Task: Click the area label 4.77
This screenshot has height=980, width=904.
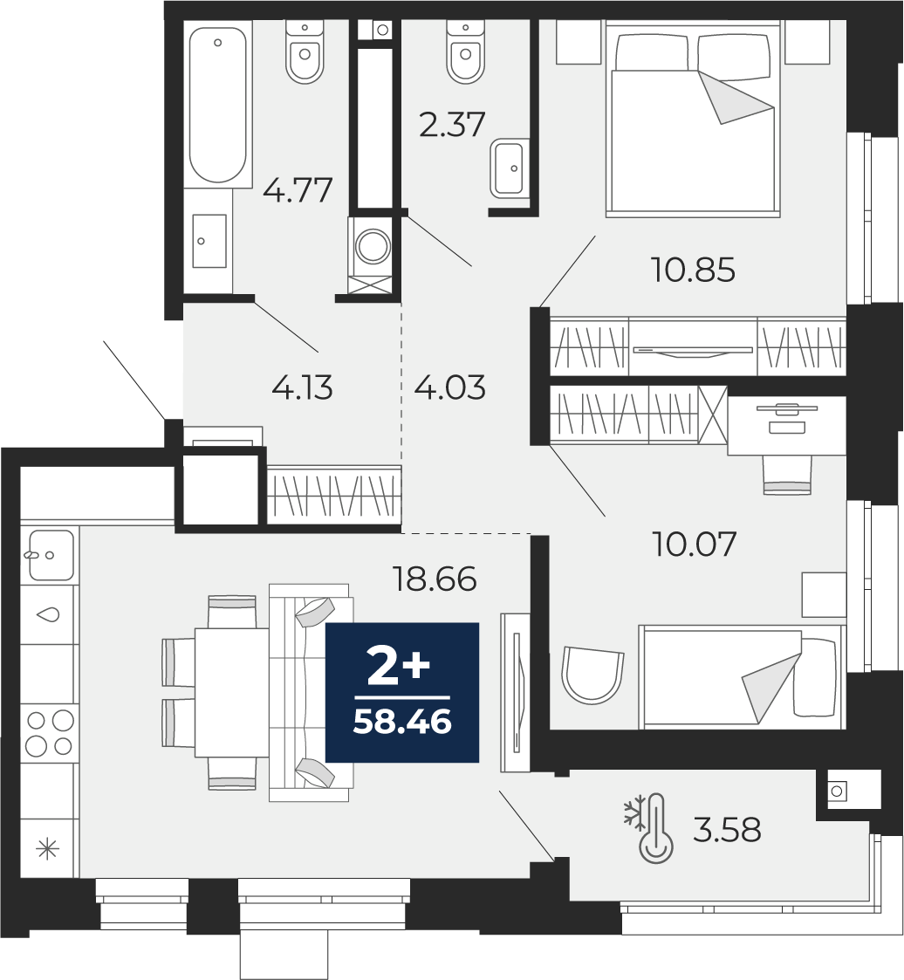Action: tap(298, 189)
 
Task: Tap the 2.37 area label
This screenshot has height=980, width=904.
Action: tap(452, 124)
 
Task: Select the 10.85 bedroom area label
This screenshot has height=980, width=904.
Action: tap(693, 270)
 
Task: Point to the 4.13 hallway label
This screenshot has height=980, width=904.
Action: tap(303, 387)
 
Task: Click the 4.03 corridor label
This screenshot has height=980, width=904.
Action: tap(449, 387)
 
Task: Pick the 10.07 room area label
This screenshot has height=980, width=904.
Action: tap(694, 543)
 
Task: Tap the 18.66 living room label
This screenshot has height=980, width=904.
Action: tap(435, 579)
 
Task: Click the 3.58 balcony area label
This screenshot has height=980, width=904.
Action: tap(727, 831)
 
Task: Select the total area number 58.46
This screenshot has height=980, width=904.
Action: tap(402, 723)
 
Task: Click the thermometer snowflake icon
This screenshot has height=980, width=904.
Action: tap(650, 829)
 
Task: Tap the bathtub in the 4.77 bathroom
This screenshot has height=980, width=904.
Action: tap(217, 105)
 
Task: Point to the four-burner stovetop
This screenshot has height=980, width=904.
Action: tap(50, 732)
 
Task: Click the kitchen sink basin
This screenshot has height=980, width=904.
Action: tap(51, 554)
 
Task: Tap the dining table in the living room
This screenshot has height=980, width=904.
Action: tap(232, 693)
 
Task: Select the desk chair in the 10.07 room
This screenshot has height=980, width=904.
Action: tap(786, 476)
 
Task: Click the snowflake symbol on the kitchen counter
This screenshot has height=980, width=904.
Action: tap(48, 850)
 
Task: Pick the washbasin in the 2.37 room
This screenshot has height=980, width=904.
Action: tap(507, 168)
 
